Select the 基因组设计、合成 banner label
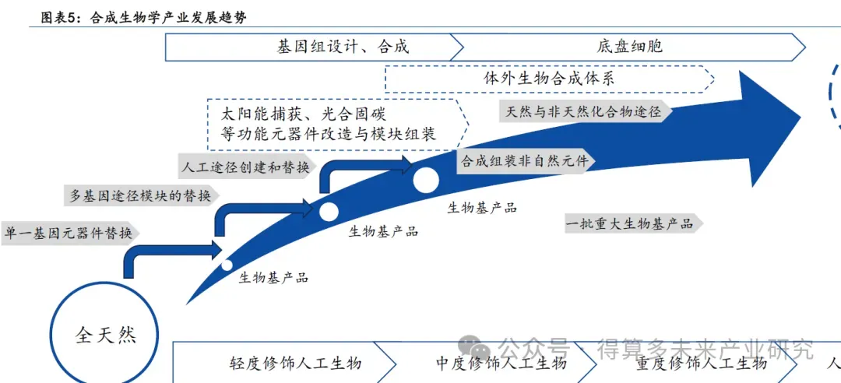coord(343,47)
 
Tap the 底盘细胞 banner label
coord(631,47)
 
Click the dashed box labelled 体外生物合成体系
coord(549,78)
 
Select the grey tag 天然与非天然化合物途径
coord(583,111)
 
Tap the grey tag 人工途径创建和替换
coord(246,167)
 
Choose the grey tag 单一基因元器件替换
coord(69,233)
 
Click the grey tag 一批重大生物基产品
coord(630,224)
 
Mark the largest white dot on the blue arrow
coord(426,180)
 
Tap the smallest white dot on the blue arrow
coord(227,265)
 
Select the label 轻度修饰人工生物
coord(295,364)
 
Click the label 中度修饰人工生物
coord(501,364)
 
